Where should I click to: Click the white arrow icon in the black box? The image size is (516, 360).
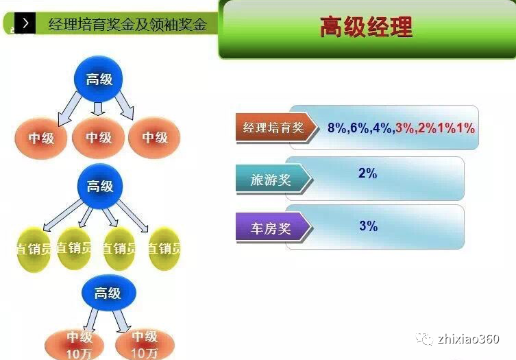point(26,23)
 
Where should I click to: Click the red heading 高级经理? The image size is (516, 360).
point(366,28)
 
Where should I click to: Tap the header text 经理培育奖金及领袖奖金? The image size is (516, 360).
point(127,25)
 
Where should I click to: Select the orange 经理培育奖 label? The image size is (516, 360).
point(273,128)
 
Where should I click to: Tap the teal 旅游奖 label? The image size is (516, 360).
point(271,180)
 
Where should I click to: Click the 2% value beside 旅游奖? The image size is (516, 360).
point(368,173)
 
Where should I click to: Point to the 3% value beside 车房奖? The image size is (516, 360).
point(368,226)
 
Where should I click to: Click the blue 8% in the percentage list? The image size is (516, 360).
point(337,128)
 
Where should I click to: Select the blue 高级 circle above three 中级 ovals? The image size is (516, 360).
point(98,80)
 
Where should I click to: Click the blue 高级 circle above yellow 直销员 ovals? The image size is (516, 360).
point(99,186)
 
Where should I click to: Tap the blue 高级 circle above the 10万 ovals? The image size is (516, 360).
point(108,293)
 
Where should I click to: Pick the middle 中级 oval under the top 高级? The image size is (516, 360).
point(99,138)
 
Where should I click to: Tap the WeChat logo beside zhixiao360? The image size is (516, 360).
point(426,339)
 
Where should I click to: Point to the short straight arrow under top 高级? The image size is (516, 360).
point(98,108)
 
